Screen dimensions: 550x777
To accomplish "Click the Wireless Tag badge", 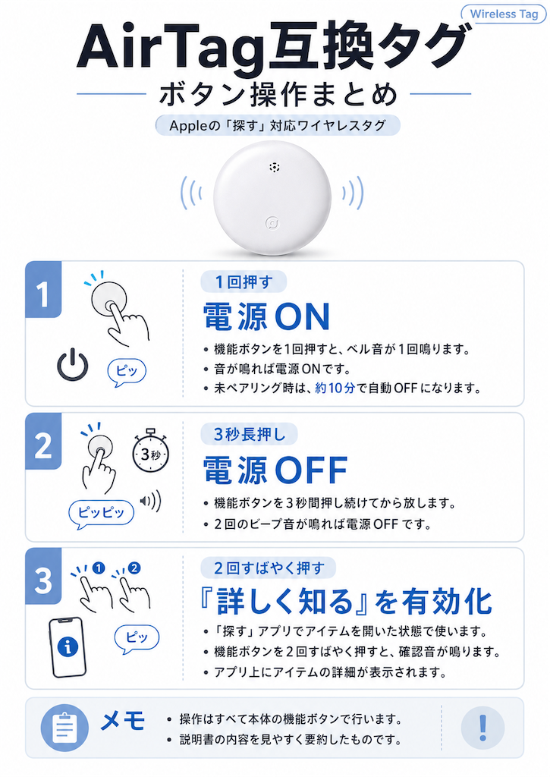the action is [x=504, y=14].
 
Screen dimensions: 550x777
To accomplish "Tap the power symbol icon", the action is [x=72, y=365].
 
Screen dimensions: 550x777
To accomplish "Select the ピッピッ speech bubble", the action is [x=101, y=514].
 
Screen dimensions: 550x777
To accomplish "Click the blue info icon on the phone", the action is [x=68, y=646].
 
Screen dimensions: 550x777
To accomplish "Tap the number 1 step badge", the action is [x=43, y=289].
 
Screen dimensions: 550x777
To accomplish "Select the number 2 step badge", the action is [x=43, y=441].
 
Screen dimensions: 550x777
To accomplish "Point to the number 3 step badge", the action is [x=43, y=577].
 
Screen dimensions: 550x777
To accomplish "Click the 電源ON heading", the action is [x=266, y=317].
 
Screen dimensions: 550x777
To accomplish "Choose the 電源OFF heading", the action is [x=275, y=470].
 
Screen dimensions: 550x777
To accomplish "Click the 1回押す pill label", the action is [x=244, y=282].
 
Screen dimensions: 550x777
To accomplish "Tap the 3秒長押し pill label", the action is [x=250, y=434].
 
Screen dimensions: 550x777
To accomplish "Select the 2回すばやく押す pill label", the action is [x=269, y=568].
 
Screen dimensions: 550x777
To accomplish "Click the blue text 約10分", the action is [x=335, y=388].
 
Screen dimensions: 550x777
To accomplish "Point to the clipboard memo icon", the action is [x=64, y=728].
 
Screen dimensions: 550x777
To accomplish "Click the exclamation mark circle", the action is [x=482, y=728].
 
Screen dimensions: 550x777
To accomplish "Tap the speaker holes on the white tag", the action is [x=275, y=167].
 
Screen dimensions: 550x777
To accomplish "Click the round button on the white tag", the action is [x=272, y=224].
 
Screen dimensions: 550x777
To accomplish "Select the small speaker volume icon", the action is [x=151, y=501].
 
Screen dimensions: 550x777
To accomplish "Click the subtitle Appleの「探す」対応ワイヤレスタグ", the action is [x=278, y=125].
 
